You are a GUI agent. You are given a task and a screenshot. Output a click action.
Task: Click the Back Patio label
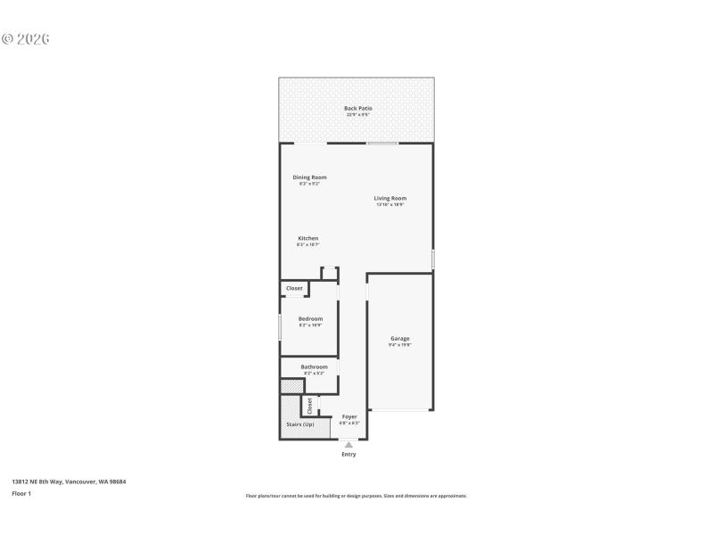click(357, 108)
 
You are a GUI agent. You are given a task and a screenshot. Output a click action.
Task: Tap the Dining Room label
click(309, 177)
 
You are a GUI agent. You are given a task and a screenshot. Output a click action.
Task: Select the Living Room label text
click(389, 198)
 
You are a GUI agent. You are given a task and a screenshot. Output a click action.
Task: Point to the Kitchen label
click(308, 238)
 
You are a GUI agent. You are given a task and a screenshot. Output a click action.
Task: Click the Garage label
click(399, 338)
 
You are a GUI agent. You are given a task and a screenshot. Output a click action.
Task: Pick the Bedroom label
click(310, 318)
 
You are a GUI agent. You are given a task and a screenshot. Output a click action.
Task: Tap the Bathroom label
click(314, 366)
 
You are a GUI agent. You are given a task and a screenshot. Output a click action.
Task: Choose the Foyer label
click(349, 416)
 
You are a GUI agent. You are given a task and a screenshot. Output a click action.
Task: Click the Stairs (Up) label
click(299, 424)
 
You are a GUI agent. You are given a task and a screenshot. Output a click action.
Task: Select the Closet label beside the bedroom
click(294, 288)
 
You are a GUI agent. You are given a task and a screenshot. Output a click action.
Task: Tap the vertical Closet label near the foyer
click(309, 406)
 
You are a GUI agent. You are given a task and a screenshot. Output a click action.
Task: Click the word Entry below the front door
click(348, 454)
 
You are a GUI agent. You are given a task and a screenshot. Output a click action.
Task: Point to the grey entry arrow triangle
click(348, 444)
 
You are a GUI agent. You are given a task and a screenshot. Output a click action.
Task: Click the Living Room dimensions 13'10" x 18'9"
click(389, 205)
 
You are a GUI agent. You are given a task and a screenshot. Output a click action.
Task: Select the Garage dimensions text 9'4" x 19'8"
click(399, 345)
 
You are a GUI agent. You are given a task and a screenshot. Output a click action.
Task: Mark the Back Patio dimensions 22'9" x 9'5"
click(357, 115)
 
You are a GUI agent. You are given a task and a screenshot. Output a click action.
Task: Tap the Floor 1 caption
click(21, 493)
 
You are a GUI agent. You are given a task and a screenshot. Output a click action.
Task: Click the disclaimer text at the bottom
click(356, 496)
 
